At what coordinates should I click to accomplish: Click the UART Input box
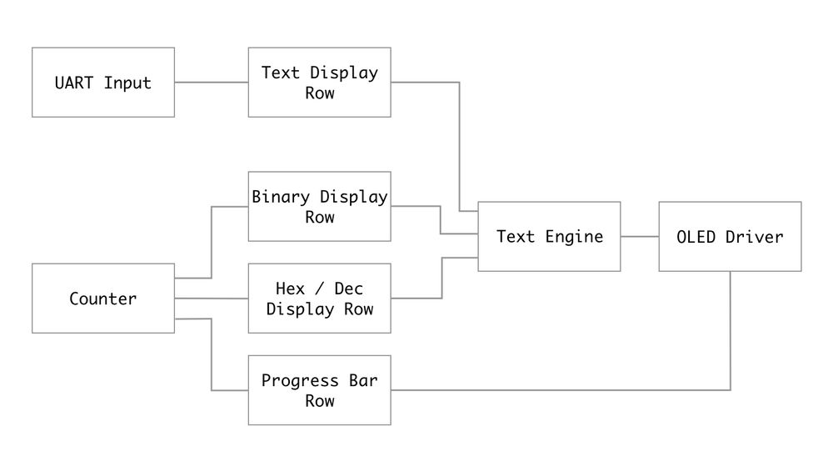coord(103,83)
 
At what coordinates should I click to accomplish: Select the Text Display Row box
coord(320,83)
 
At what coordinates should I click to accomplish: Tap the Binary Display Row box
coord(320,207)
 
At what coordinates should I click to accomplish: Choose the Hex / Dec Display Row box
coord(320,299)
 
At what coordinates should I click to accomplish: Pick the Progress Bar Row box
coord(320,390)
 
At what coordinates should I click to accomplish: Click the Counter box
coord(103,299)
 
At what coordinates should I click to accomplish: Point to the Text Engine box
coord(549,237)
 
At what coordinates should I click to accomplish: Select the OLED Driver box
coord(730,237)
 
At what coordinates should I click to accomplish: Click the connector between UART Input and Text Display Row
coord(212,83)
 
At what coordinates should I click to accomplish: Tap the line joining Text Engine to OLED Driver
coord(640,237)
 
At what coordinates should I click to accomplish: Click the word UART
coord(75,83)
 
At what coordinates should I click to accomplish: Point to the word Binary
coord(281,198)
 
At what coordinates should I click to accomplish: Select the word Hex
coord(290,289)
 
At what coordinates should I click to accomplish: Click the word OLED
coord(697,237)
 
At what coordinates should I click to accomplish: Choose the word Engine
coord(574,237)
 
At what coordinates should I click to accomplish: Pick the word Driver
coord(754,237)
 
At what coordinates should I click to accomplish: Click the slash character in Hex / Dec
coord(320,289)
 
